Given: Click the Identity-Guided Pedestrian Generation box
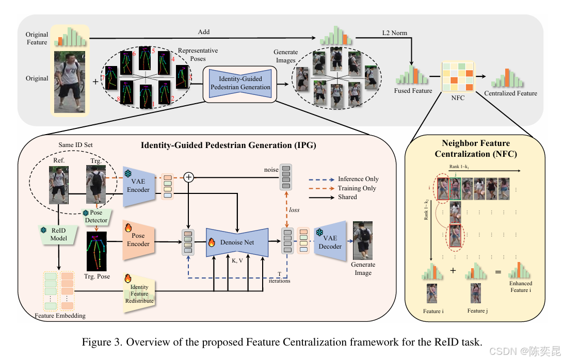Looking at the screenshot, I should [240, 83].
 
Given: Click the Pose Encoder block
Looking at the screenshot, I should [138, 239].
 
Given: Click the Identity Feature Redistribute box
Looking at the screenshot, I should [139, 293].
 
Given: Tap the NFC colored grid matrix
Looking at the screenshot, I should [456, 77].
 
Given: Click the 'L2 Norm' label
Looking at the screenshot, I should [394, 33].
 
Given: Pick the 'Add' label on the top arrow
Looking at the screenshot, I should [204, 32].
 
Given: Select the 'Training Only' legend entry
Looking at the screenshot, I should [357, 188].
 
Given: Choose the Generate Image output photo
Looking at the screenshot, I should [363, 240].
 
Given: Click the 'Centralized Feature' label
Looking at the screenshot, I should [510, 93].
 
